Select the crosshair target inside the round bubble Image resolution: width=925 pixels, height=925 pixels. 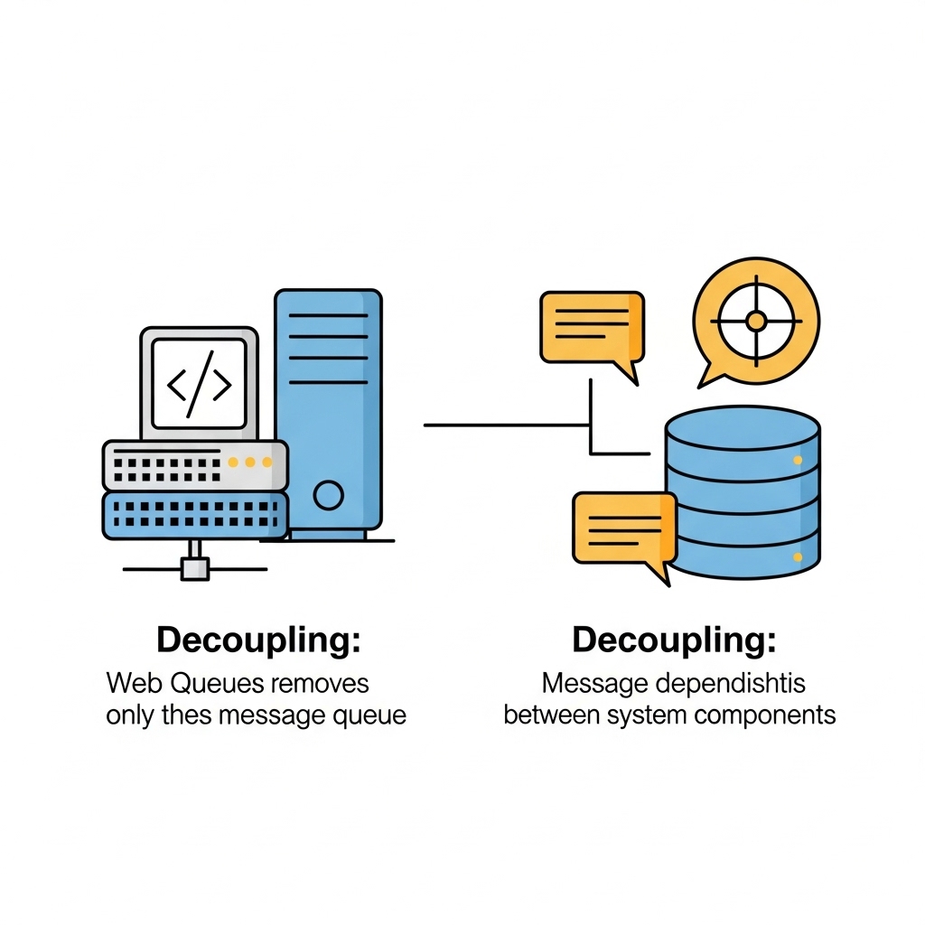tap(756, 321)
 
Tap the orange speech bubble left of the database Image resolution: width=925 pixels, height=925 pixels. tap(623, 528)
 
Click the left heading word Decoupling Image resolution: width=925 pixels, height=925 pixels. tap(257, 640)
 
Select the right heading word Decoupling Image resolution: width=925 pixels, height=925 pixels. tap(673, 640)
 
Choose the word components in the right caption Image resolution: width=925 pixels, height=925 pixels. tap(767, 715)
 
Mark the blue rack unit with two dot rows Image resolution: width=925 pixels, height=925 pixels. tap(195, 515)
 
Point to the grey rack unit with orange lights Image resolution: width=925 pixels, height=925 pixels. tap(195, 465)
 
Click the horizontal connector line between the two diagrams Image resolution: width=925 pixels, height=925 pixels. tap(506, 425)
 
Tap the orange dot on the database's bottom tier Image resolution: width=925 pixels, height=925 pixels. tap(798, 558)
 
